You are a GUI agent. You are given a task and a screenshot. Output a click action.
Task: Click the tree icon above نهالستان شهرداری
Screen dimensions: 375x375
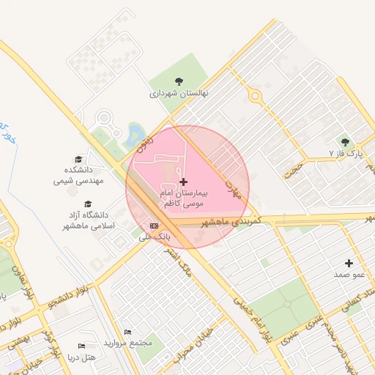pos(179,81)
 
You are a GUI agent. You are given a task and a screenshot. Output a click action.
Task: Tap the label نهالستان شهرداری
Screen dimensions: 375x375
pos(179,94)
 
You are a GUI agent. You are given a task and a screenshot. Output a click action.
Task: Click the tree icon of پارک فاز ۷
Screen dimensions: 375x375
pos(345,142)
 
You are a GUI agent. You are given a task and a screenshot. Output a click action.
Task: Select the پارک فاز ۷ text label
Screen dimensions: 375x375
pos(345,155)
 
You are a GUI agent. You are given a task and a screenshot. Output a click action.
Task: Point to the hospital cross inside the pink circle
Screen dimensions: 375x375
pos(182,181)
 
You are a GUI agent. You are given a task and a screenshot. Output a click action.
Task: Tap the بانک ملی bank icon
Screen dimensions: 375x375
pos(154,226)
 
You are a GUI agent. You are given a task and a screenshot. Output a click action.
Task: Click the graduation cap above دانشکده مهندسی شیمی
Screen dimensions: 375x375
pos(78,159)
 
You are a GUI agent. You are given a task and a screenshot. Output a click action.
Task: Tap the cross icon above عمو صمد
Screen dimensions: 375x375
pos(349,263)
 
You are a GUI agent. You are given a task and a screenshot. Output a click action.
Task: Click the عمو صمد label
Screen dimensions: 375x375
pos(349,275)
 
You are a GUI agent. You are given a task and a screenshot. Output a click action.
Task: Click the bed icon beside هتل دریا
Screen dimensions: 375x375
pos(81,346)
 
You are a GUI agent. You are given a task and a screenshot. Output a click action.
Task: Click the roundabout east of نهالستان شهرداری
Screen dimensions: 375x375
pos(256,94)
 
